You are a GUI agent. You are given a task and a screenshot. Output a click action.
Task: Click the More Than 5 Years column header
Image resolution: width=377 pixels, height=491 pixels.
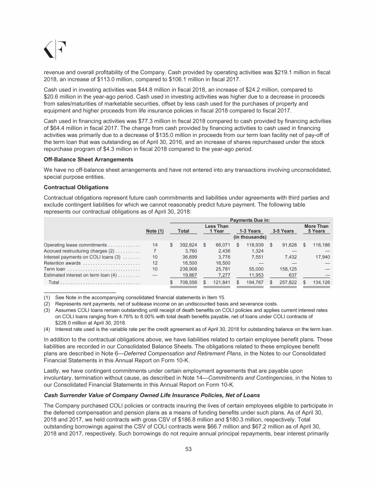tap(317, 229)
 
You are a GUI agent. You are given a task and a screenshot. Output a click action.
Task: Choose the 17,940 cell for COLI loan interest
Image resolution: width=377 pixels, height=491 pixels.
tap(321, 257)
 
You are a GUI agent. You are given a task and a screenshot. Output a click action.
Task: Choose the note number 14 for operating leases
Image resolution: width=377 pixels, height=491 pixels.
tap(155, 244)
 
